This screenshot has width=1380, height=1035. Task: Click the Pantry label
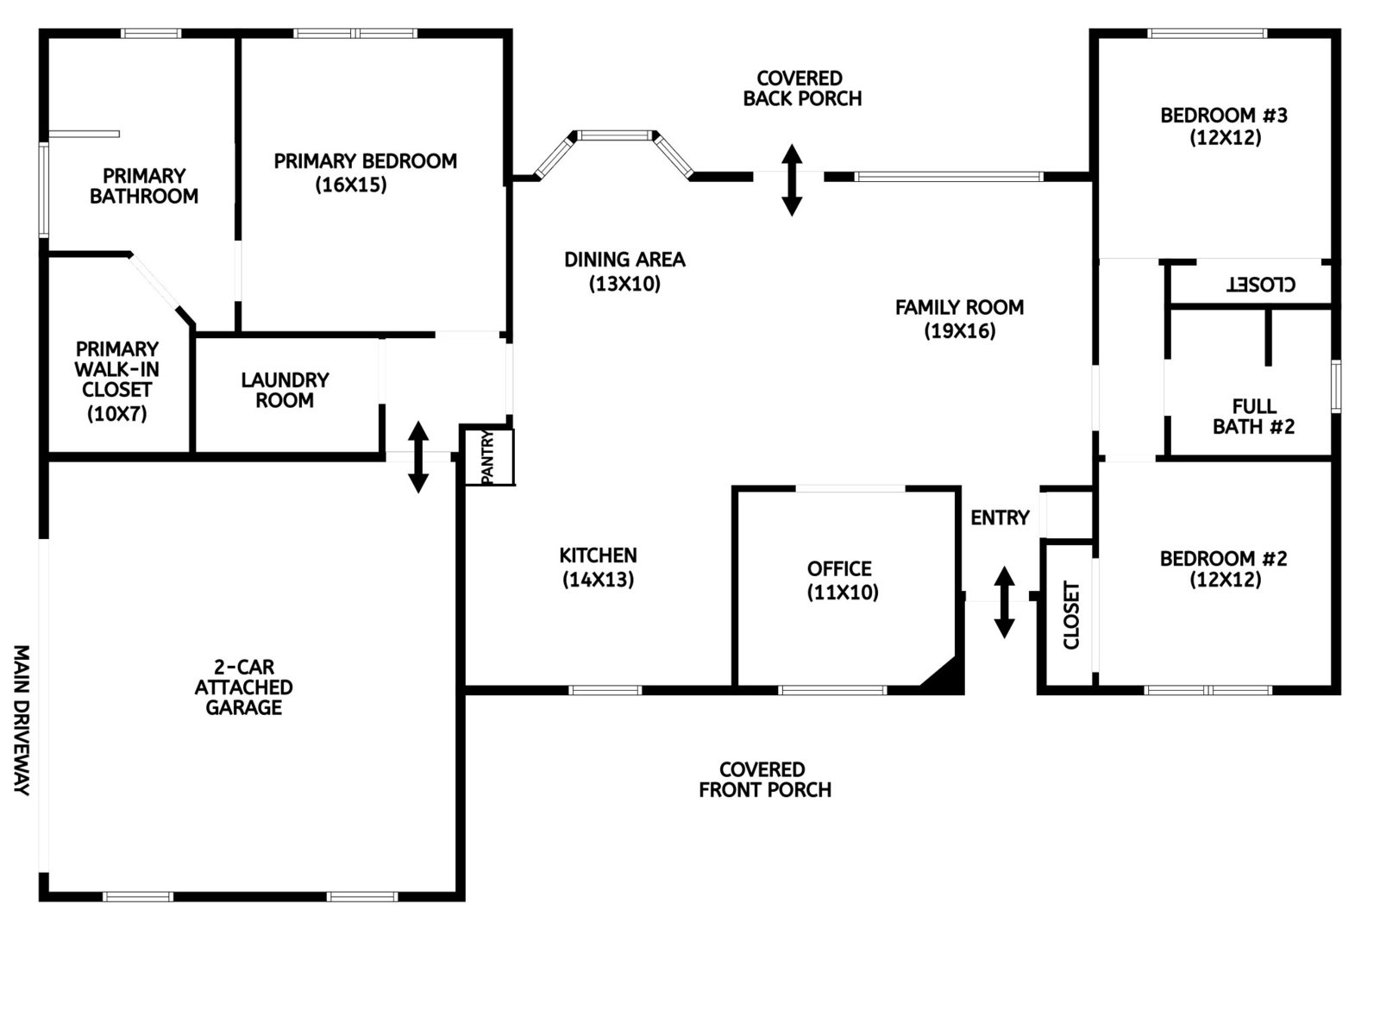tap(486, 457)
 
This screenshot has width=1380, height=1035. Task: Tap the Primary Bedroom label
tap(365, 161)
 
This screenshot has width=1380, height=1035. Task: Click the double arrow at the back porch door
tap(792, 179)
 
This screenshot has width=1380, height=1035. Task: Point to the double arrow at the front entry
tap(1004, 602)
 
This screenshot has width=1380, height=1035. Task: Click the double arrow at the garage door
tap(418, 457)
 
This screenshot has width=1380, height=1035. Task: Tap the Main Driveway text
tap(22, 719)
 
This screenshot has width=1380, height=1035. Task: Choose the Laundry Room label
tap(285, 390)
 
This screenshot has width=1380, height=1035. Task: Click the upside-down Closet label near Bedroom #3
tap(1261, 284)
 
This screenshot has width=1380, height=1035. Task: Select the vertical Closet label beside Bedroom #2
tap(1071, 615)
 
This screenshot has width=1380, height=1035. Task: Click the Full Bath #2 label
tap(1253, 417)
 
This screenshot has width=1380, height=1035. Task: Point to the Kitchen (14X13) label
tap(598, 568)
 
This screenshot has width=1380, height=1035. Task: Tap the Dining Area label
tap(624, 260)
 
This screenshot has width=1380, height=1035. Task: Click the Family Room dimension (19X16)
tap(959, 331)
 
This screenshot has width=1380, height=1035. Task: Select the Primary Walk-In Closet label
tap(116, 380)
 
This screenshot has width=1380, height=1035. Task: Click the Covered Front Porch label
tap(764, 780)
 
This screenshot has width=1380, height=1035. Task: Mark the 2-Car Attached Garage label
tap(243, 687)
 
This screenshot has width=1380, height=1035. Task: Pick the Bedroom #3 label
tap(1223, 116)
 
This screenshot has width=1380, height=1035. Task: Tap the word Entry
tap(1000, 517)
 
